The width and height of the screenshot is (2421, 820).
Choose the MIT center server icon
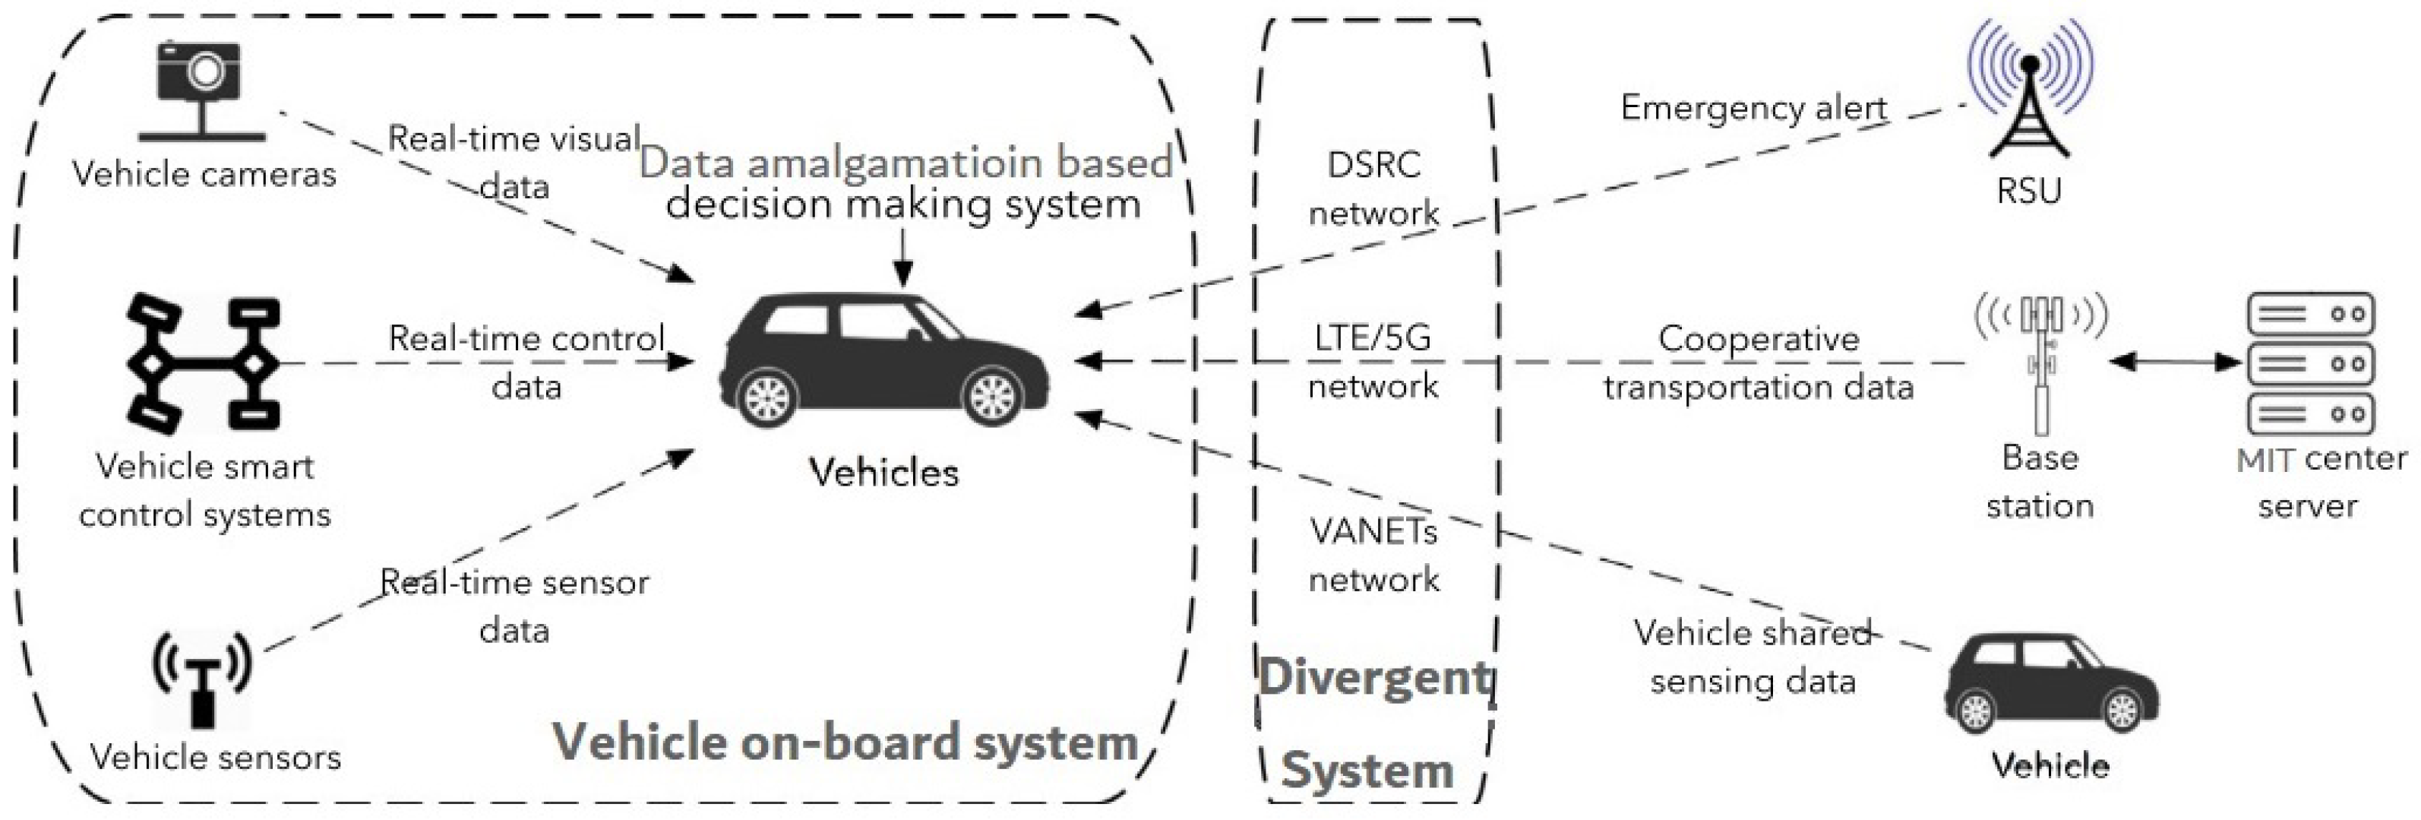coord(2311,363)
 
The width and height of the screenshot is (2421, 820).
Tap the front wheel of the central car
coord(992,397)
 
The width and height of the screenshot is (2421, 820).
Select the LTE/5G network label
coord(1373,361)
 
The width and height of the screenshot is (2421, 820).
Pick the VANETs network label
coord(1373,556)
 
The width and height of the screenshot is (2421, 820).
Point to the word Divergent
coord(1374,677)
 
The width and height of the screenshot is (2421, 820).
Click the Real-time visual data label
coord(514,162)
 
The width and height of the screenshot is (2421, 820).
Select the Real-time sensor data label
coord(514,606)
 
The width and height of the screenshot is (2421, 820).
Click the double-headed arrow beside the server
coord(2176,362)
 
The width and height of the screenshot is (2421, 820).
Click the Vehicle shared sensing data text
coord(1753,657)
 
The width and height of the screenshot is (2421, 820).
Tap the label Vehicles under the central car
coord(884,472)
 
